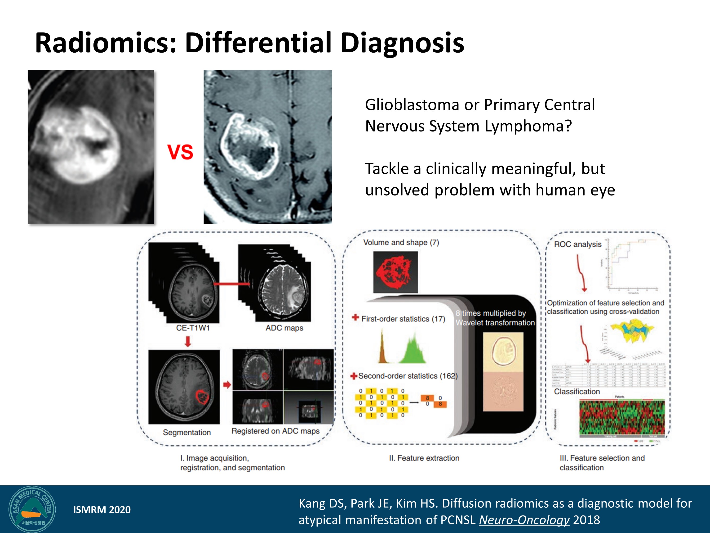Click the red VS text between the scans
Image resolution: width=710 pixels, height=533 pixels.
click(x=180, y=152)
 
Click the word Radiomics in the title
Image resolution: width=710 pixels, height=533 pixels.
click(x=105, y=43)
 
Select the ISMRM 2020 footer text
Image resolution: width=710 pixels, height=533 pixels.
click(x=102, y=510)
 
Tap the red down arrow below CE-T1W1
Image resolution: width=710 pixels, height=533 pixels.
click(x=188, y=341)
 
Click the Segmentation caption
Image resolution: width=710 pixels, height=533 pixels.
click(x=186, y=432)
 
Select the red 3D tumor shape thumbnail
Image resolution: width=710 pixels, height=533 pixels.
click(x=395, y=272)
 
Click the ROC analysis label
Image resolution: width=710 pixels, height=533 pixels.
click(x=577, y=244)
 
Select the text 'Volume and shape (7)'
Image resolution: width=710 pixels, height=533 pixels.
click(x=401, y=243)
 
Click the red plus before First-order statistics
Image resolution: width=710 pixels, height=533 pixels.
click(x=355, y=318)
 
